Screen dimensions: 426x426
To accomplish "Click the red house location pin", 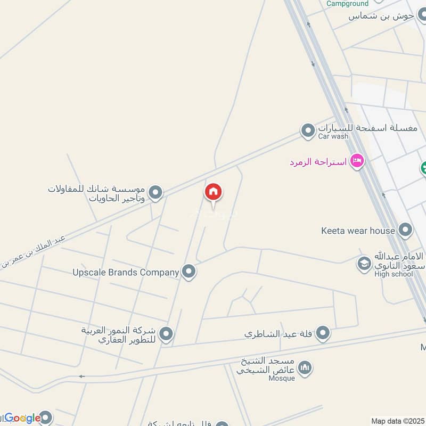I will (213, 192).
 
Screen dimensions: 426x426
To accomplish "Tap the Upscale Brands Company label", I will (126, 272).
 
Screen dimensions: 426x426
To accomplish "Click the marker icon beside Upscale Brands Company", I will (189, 272).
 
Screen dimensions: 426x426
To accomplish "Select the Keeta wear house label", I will (358, 231).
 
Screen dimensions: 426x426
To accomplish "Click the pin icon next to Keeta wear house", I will (405, 231).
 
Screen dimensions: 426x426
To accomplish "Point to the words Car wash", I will (333, 136).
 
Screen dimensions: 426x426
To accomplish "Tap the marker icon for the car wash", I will (308, 130).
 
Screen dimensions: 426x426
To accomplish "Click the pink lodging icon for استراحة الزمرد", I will (357, 161).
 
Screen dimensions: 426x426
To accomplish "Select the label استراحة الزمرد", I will (318, 161).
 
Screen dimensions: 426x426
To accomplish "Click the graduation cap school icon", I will (364, 264).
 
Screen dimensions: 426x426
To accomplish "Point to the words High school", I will (394, 274).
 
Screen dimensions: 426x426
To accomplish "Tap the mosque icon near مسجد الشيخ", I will (305, 367).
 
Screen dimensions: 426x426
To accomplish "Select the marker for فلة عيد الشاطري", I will (323, 334).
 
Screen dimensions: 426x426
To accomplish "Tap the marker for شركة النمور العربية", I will (167, 334).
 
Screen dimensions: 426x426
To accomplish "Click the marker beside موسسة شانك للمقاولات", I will (155, 193).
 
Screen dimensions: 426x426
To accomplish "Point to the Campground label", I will (347, 4).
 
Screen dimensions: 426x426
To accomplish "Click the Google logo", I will (22, 418).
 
